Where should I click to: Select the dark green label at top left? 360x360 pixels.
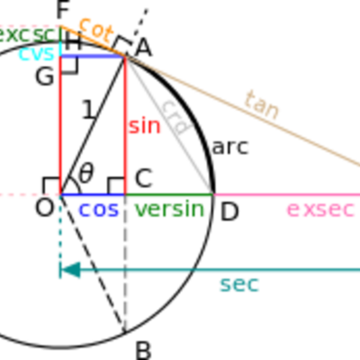(27, 35)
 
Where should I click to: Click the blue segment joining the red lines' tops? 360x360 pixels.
(90, 57)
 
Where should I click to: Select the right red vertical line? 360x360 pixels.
(125, 126)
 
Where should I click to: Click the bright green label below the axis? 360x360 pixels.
(169, 211)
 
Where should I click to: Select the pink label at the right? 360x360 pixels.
(320, 211)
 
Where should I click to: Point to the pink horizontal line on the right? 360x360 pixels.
(288, 194)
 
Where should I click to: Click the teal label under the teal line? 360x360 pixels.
(238, 286)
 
